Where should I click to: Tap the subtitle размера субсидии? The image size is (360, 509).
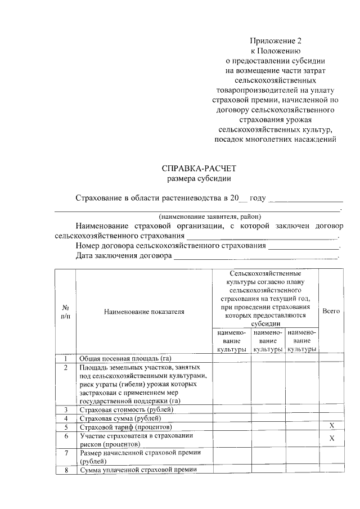[199, 179]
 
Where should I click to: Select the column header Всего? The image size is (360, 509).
[331, 311]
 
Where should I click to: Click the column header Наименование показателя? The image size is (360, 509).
[143, 311]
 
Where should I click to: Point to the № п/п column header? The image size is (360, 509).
[65, 311]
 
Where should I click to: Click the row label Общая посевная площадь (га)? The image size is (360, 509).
[125, 358]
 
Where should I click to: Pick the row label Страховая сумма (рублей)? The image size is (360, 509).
[120, 418]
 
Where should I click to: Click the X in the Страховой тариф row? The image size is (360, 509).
[331, 427]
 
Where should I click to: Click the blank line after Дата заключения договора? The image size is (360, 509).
[256, 256]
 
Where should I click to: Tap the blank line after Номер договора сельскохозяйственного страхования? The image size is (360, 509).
[304, 246]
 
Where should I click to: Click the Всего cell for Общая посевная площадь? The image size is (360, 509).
[331, 358]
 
